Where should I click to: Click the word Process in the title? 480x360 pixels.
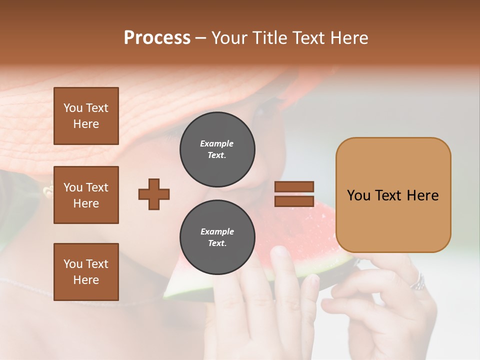coord(157,38)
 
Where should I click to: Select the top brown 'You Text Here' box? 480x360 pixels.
coord(86,116)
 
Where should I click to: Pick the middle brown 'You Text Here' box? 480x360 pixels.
coord(86,195)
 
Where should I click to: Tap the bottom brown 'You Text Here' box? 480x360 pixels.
coord(86,272)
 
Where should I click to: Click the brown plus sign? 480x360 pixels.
coord(154,194)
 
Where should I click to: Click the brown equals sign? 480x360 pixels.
coord(294,194)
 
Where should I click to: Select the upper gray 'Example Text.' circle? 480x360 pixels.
coord(217,149)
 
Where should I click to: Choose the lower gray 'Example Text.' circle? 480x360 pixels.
coord(217,237)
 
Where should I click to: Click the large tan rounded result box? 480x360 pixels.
coord(393,195)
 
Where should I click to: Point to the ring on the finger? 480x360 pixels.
coord(418,282)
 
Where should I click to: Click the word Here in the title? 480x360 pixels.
coord(349,38)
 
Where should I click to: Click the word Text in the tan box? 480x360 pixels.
coord(392,195)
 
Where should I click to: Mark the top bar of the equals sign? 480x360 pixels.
coord(294,187)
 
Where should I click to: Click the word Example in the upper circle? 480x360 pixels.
coord(216,143)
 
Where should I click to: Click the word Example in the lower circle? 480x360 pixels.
coord(217,231)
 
